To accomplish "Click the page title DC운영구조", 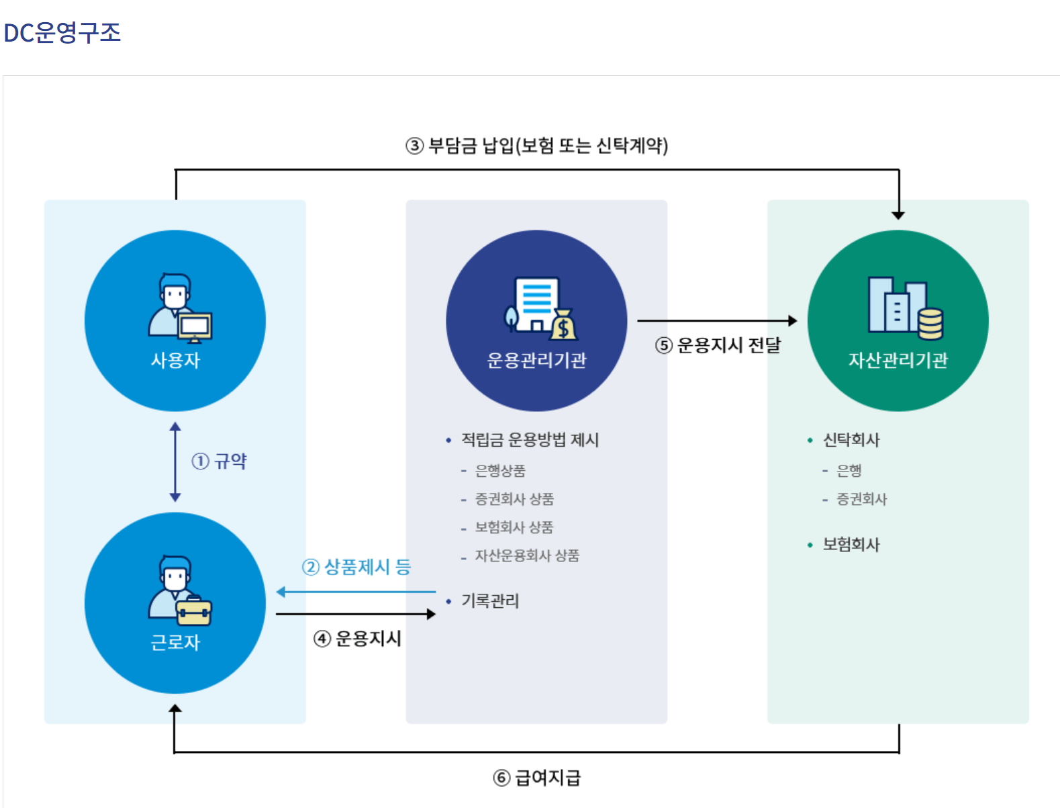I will (x=62, y=32).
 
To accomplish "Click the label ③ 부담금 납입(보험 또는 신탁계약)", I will (x=537, y=146).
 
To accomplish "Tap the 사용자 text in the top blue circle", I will (x=175, y=361).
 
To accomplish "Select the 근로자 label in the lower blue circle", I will (x=175, y=643).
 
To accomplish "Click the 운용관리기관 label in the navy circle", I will (x=536, y=361).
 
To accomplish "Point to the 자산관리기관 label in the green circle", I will (x=898, y=361).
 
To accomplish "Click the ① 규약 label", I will (x=220, y=461).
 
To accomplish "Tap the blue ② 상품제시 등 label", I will (x=356, y=568).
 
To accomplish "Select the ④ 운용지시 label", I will (x=358, y=639).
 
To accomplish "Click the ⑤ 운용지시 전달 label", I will (x=718, y=345).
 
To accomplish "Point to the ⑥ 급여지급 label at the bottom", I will (x=537, y=778).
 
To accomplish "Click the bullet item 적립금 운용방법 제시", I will (x=530, y=440).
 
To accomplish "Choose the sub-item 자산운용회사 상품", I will (x=527, y=556).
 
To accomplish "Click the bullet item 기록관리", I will (x=490, y=601).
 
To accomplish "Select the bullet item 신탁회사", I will (x=851, y=440).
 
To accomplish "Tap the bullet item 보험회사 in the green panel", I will (x=851, y=545).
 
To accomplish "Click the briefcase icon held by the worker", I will (x=194, y=611).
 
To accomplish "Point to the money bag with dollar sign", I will (x=564, y=326).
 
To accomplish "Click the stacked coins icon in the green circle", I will (x=930, y=324).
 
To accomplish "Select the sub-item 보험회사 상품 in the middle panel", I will (x=514, y=528).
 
